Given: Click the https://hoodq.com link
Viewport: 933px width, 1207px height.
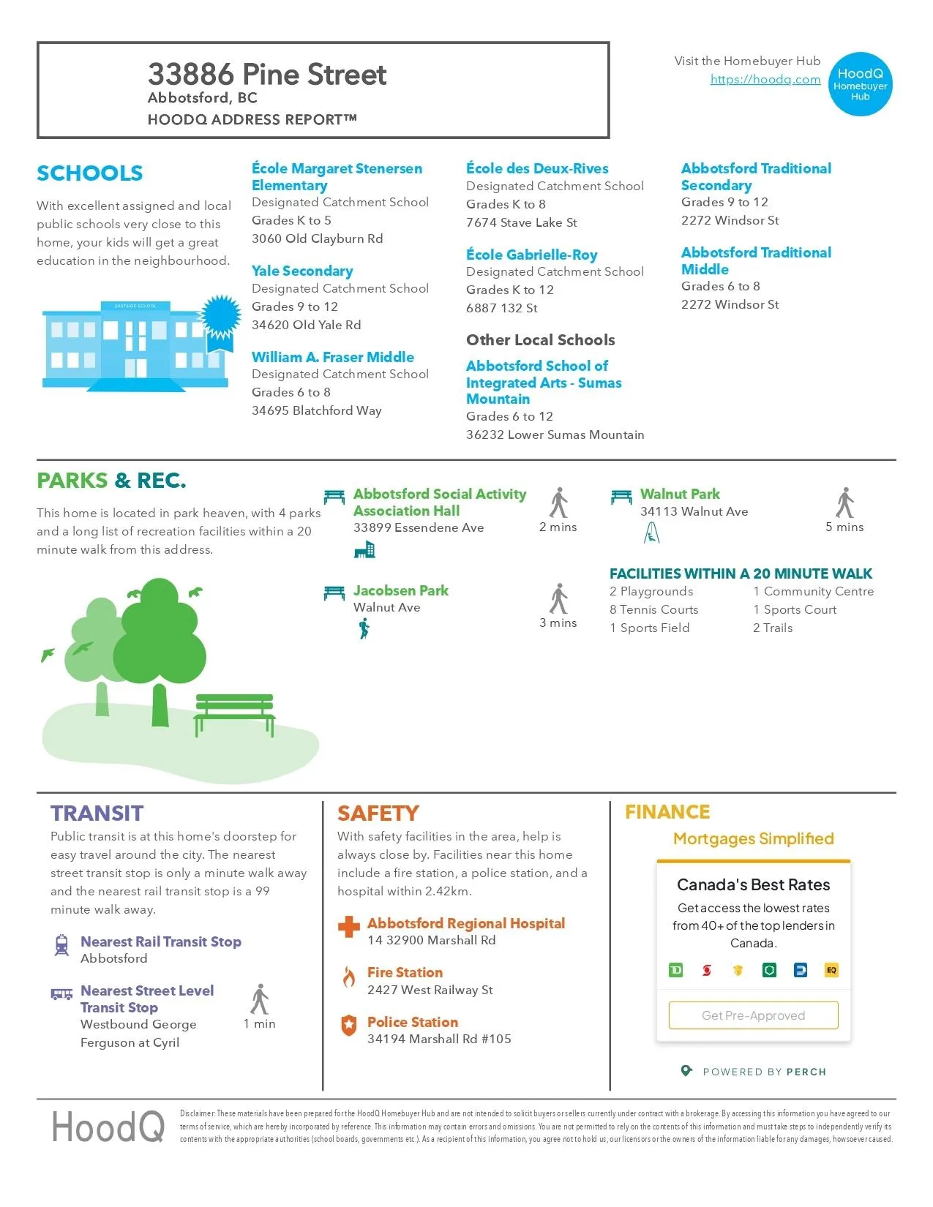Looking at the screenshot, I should tap(765, 80).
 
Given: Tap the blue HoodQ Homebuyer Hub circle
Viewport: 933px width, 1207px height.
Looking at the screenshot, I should tap(861, 84).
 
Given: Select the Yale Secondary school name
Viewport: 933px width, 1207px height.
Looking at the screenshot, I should tap(302, 271).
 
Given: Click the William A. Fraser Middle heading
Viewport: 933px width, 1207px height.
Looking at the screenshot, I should tap(332, 357).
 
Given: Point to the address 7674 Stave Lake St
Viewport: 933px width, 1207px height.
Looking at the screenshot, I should tap(521, 222).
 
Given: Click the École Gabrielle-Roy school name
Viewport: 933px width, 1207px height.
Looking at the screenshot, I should tap(531, 255).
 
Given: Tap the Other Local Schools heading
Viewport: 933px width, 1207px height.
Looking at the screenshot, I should tap(540, 340).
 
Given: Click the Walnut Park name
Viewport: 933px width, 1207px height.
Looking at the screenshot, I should tap(679, 495).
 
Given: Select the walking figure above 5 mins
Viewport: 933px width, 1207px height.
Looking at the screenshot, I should tap(845, 503).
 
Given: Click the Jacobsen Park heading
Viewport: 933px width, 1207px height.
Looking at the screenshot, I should tap(400, 590).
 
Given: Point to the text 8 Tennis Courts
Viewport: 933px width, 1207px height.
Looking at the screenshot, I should tap(653, 609).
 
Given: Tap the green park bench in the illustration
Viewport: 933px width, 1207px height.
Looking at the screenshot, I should tap(234, 713).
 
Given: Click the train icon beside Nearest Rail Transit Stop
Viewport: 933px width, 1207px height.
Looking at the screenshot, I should tap(62, 944).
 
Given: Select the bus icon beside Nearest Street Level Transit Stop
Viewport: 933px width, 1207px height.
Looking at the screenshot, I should tap(61, 993).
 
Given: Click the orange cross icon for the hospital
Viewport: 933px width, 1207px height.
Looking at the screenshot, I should tap(349, 927).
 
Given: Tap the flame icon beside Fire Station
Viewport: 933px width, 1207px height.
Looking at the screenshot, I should tap(349, 976).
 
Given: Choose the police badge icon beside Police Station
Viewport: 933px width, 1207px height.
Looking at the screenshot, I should tap(349, 1025).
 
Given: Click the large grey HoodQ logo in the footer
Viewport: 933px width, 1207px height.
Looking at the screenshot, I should tap(108, 1127).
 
